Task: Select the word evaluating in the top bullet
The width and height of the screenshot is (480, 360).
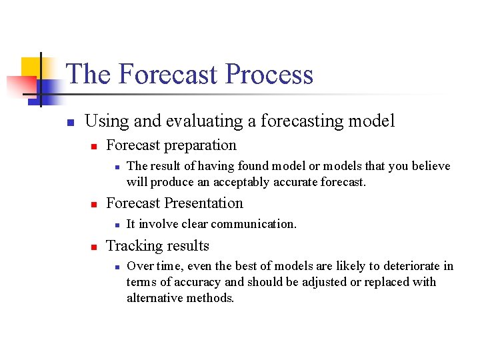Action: (194, 121)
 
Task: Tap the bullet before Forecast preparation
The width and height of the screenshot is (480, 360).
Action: (95, 147)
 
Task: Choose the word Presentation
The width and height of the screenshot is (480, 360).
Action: (207, 203)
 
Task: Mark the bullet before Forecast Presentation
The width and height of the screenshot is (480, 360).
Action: (95, 205)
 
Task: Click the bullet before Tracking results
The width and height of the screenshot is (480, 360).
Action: (95, 247)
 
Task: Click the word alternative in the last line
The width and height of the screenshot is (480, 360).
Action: (154, 298)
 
